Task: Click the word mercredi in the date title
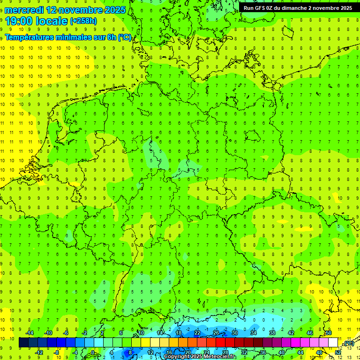click(x=24, y=9)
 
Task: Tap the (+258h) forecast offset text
click(x=83, y=21)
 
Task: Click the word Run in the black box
click(x=249, y=8)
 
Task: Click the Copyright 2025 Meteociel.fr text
click(x=200, y=357)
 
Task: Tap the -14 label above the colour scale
click(x=30, y=333)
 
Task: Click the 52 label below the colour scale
click(x=337, y=352)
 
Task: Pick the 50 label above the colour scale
click(x=329, y=333)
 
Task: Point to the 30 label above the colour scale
click(x=234, y=333)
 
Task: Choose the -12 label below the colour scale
click(x=39, y=352)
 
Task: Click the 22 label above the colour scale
click(x=197, y=333)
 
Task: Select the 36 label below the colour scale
click(x=262, y=352)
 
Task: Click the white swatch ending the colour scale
click(x=333, y=343)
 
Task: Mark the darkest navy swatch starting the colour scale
click(x=23, y=343)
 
